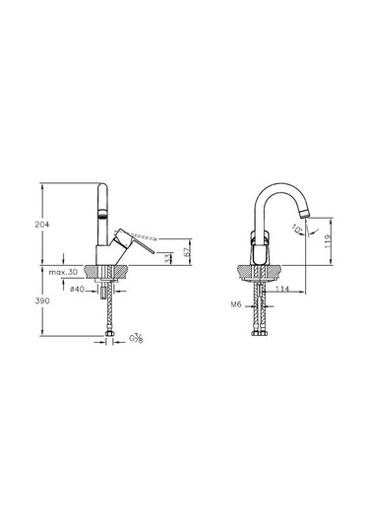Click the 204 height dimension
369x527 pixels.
point(42,225)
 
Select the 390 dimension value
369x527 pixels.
point(42,300)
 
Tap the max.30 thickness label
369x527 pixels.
point(63,272)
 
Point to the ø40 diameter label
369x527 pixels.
point(77,289)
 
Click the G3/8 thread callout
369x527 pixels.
point(137,338)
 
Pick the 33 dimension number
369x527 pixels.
point(167,258)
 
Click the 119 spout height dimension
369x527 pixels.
point(328,241)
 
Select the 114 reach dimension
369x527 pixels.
point(282,289)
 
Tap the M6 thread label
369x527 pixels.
point(236,304)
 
